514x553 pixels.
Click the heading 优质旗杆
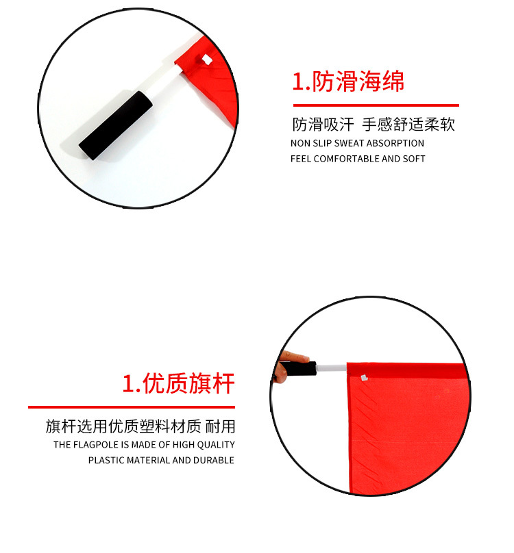pos(178,384)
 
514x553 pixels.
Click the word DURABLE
pos(212,461)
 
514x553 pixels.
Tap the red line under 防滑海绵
pos(376,105)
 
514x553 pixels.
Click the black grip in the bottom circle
pos(299,369)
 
